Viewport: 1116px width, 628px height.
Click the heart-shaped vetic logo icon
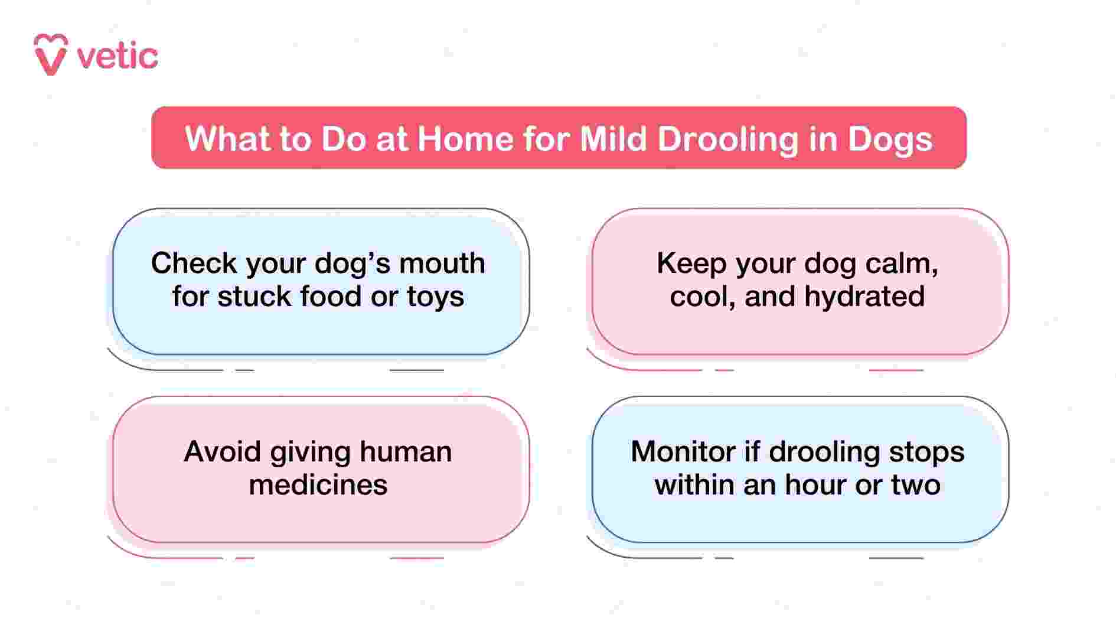pyautogui.click(x=51, y=54)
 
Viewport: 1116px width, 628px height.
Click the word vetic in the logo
pyautogui.click(x=118, y=57)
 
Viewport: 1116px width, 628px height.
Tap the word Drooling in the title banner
pyautogui.click(x=727, y=139)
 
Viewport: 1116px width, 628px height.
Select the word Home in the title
pyautogui.click(x=465, y=139)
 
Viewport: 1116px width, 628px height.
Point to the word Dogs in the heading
pyautogui.click(x=890, y=139)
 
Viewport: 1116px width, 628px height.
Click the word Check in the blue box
pyautogui.click(x=194, y=263)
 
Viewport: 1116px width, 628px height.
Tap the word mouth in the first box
pyautogui.click(x=442, y=263)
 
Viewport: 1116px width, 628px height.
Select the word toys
pyautogui.click(x=435, y=297)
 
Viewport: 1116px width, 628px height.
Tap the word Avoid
pyautogui.click(x=222, y=452)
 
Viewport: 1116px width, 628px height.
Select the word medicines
pyautogui.click(x=318, y=485)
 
